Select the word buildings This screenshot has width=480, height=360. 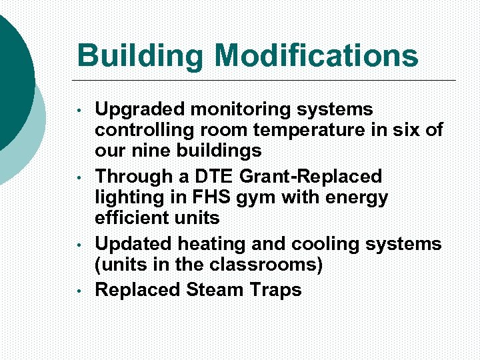221,150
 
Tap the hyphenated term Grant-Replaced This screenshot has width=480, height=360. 314,177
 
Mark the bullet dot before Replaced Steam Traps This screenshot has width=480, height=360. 79,291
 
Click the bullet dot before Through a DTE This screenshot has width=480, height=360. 79,177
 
